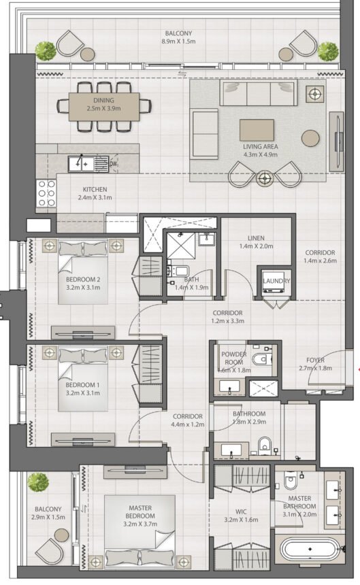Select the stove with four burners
[46, 193]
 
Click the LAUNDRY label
[276, 281]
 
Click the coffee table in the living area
[257, 130]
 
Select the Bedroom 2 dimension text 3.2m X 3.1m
[83, 288]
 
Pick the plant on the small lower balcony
[38, 484]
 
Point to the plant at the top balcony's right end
[327, 50]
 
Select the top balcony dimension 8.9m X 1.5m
[178, 41]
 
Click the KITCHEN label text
[95, 190]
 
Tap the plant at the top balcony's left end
[46, 50]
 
